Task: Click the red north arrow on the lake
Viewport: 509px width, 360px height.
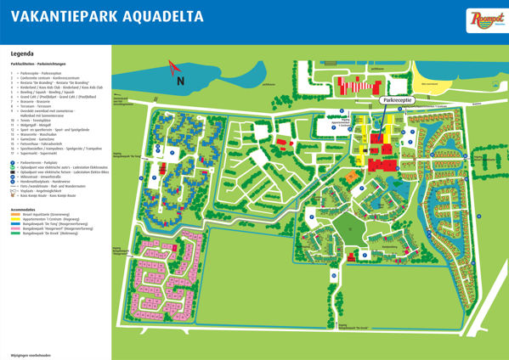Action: coord(173,66)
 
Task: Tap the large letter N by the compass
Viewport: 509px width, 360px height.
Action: coord(179,81)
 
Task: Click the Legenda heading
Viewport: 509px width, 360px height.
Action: coord(22,53)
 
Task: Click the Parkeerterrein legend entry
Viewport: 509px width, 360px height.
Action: coord(42,161)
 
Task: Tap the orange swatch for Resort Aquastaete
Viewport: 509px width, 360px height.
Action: coord(14,215)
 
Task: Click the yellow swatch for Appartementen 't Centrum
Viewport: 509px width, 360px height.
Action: coord(14,220)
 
